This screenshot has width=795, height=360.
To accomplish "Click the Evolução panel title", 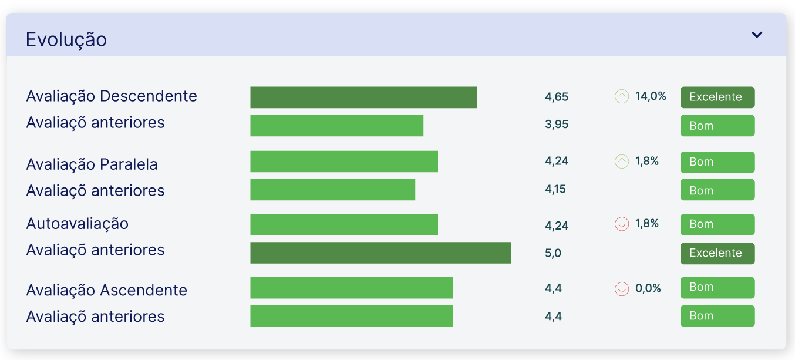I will [66, 40].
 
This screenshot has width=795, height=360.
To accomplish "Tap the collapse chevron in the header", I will [757, 35].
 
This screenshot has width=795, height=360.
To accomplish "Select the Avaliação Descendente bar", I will [363, 97].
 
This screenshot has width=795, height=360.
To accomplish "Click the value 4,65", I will [557, 97].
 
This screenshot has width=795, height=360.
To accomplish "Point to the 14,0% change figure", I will [651, 96].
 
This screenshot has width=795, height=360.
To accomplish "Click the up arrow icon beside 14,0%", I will [622, 96].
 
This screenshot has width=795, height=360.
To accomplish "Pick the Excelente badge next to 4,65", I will [717, 97].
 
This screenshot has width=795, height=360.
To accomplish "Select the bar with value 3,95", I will [336, 126].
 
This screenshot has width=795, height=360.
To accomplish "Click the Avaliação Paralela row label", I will [92, 164].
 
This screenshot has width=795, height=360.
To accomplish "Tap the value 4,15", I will [555, 189].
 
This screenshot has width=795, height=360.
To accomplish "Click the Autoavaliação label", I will [78, 224].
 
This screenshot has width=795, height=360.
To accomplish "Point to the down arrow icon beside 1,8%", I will [622, 224].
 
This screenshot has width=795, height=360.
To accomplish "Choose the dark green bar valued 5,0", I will [380, 253].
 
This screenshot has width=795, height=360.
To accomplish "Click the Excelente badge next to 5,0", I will [717, 253].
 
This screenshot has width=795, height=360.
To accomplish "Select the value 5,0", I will [553, 253].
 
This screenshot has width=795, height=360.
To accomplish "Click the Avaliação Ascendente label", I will [107, 290].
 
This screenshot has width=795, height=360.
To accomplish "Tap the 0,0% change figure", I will [648, 288].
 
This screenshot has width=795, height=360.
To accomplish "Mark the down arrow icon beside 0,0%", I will [622, 289].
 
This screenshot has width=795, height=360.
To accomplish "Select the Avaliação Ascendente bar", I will [351, 288].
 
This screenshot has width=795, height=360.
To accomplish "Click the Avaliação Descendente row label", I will [112, 96].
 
